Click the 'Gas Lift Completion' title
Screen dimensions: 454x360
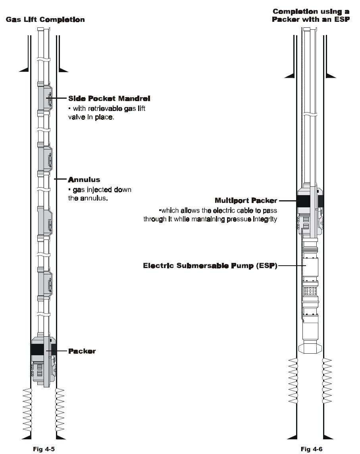click(x=45, y=19)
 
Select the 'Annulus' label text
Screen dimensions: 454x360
click(x=84, y=179)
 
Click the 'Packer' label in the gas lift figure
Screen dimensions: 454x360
click(x=82, y=351)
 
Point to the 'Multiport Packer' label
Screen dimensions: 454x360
click(x=246, y=200)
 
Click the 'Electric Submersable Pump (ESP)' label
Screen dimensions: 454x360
click(x=210, y=265)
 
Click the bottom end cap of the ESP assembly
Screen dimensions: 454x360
click(x=310, y=348)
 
